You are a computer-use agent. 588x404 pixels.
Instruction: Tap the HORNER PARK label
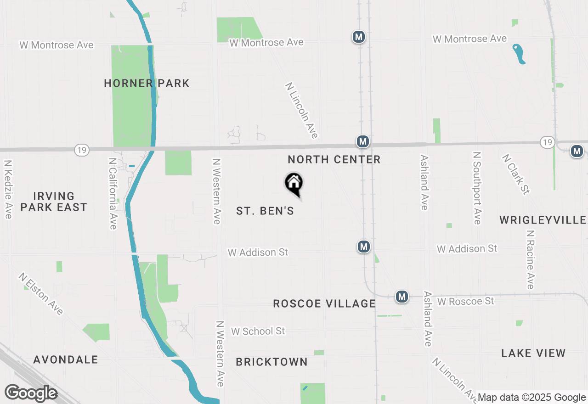(147, 84)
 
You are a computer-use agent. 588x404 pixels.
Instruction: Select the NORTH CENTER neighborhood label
(334, 160)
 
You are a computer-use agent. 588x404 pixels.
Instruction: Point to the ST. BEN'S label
(265, 211)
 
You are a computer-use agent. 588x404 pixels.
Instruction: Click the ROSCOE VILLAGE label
(324, 304)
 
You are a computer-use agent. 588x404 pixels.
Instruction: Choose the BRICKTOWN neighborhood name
(271, 362)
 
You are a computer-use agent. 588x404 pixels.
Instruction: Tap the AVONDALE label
(66, 359)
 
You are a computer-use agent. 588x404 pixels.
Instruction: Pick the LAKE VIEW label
(533, 353)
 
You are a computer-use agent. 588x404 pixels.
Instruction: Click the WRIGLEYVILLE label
(543, 220)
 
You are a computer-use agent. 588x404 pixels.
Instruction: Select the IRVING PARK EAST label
(54, 202)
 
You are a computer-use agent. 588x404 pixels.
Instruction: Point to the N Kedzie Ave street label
(8, 189)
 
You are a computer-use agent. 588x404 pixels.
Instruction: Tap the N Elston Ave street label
(41, 294)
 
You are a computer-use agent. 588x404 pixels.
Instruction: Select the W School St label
(258, 331)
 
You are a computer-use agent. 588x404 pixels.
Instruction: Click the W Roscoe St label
(465, 301)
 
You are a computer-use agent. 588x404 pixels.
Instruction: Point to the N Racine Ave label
(531, 260)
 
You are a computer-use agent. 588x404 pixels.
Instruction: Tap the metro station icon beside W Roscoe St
(402, 297)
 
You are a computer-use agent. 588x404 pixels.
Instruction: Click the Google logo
(31, 393)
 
